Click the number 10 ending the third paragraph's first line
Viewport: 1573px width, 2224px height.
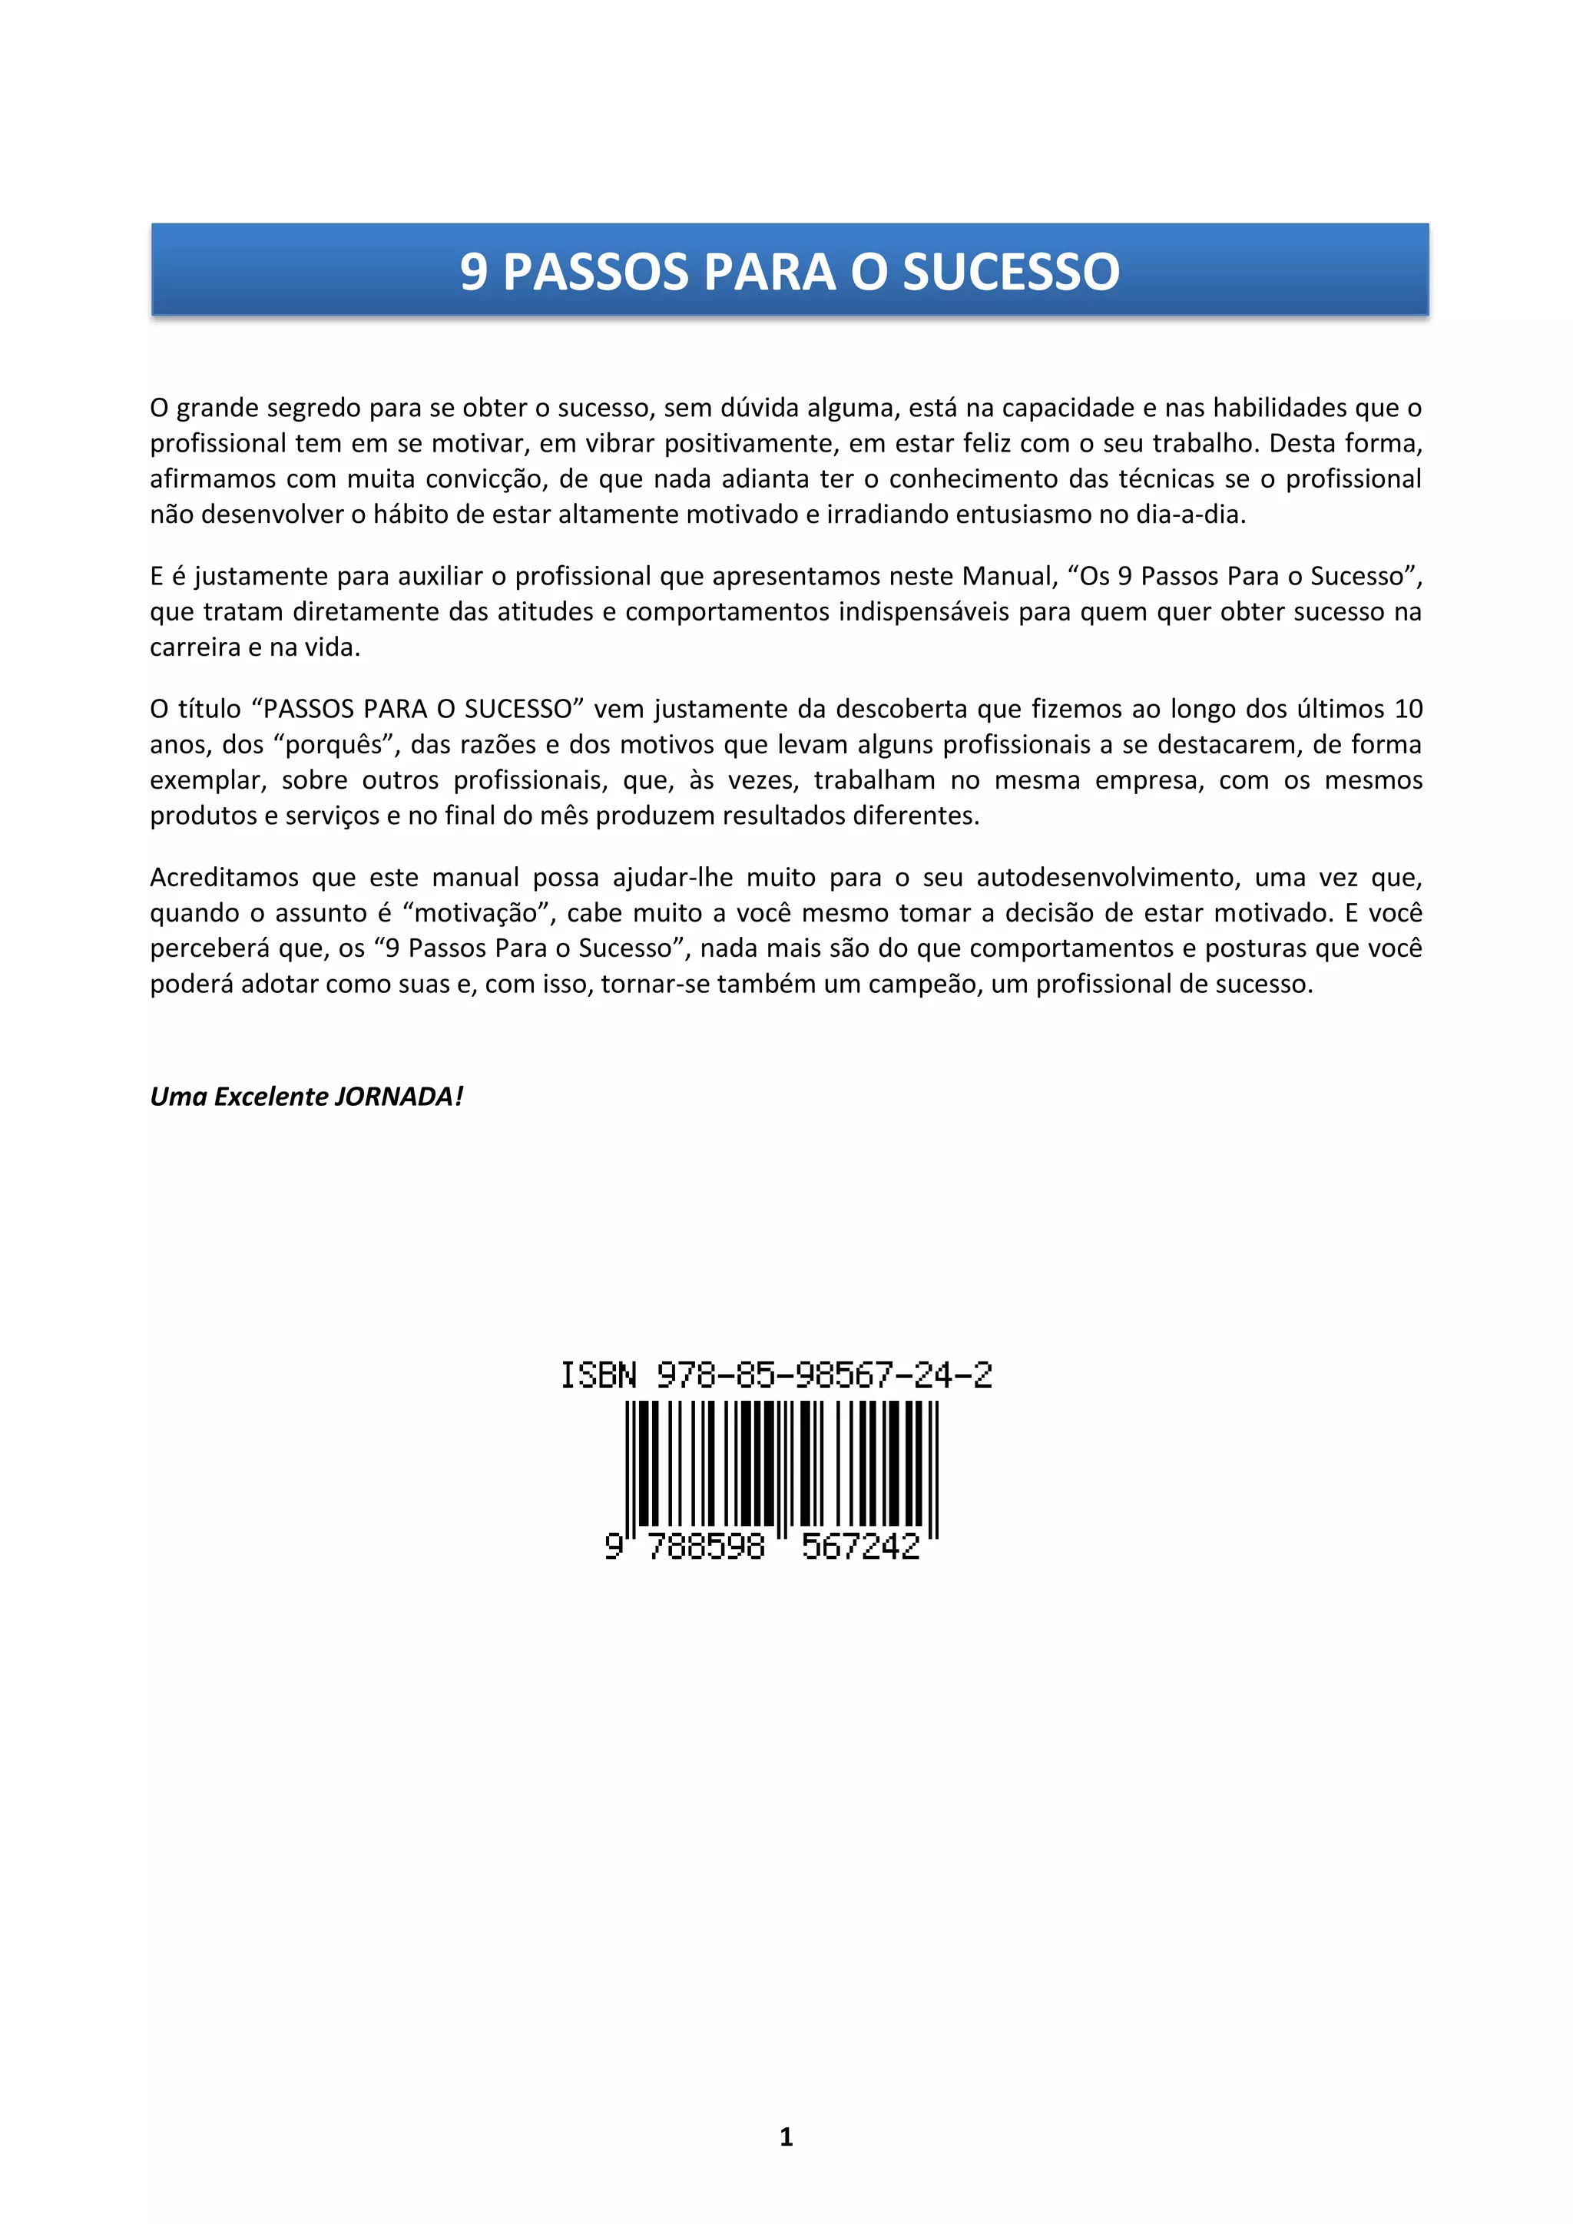(x=1407, y=709)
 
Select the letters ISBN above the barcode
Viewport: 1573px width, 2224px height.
(x=598, y=1375)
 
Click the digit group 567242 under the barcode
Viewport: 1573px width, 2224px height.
(x=860, y=1546)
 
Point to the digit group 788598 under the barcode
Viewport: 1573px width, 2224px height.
(x=705, y=1546)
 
